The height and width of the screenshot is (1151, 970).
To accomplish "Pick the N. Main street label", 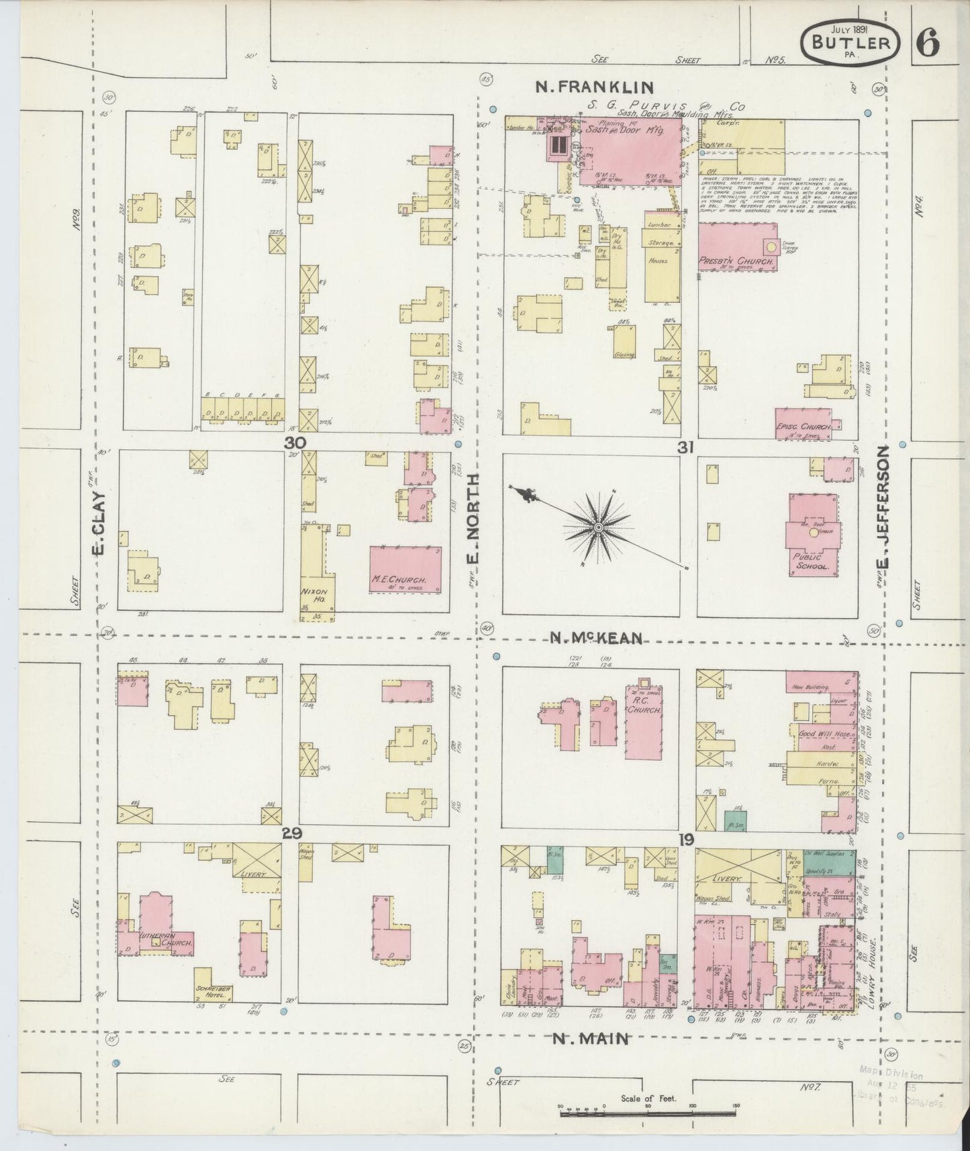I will coord(591,1039).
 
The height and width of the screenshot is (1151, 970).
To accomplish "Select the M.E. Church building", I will coord(405,569).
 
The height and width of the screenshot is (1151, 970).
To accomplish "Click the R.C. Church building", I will coord(644,722).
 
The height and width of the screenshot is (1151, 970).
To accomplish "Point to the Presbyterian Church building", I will coord(737,247).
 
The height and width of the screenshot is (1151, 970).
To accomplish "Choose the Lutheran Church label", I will coord(166,942).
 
